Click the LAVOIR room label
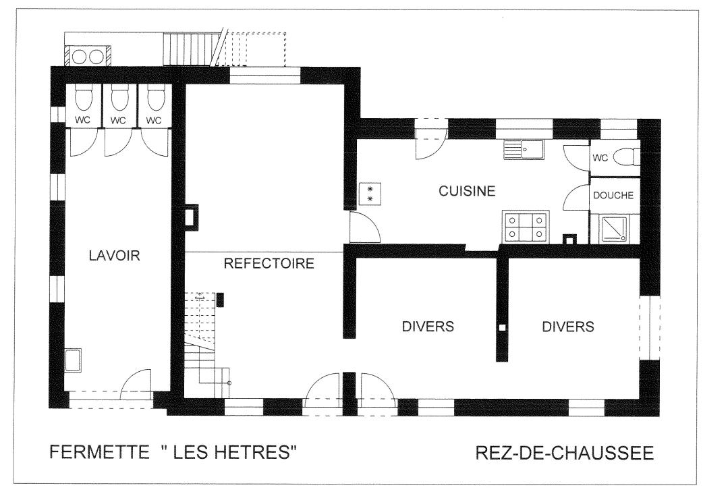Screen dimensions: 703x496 click(x=114, y=256)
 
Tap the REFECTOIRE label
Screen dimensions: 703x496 click(x=269, y=263)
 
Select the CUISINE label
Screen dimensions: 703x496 click(x=467, y=191)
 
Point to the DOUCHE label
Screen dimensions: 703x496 click(x=613, y=196)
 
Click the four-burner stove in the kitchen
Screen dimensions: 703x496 click(x=525, y=227)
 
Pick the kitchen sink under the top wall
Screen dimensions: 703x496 click(x=524, y=149)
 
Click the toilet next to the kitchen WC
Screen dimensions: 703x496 click(x=627, y=157)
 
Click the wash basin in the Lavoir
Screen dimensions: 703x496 click(x=74, y=360)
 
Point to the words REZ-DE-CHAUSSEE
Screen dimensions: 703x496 click(x=565, y=453)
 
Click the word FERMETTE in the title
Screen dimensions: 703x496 click(x=99, y=451)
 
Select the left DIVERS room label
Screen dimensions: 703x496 click(x=428, y=327)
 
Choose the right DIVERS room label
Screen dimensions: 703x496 click(x=568, y=327)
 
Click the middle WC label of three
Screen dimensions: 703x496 click(x=118, y=121)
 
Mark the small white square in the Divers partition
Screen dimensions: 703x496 click(x=502, y=327)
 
